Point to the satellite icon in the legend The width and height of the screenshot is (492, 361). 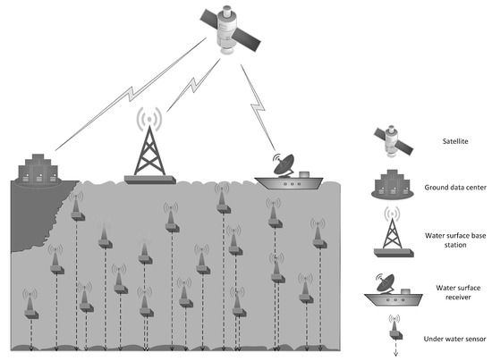[393, 141]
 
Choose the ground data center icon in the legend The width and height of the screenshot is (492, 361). [393, 186]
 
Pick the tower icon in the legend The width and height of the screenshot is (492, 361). [393, 233]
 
